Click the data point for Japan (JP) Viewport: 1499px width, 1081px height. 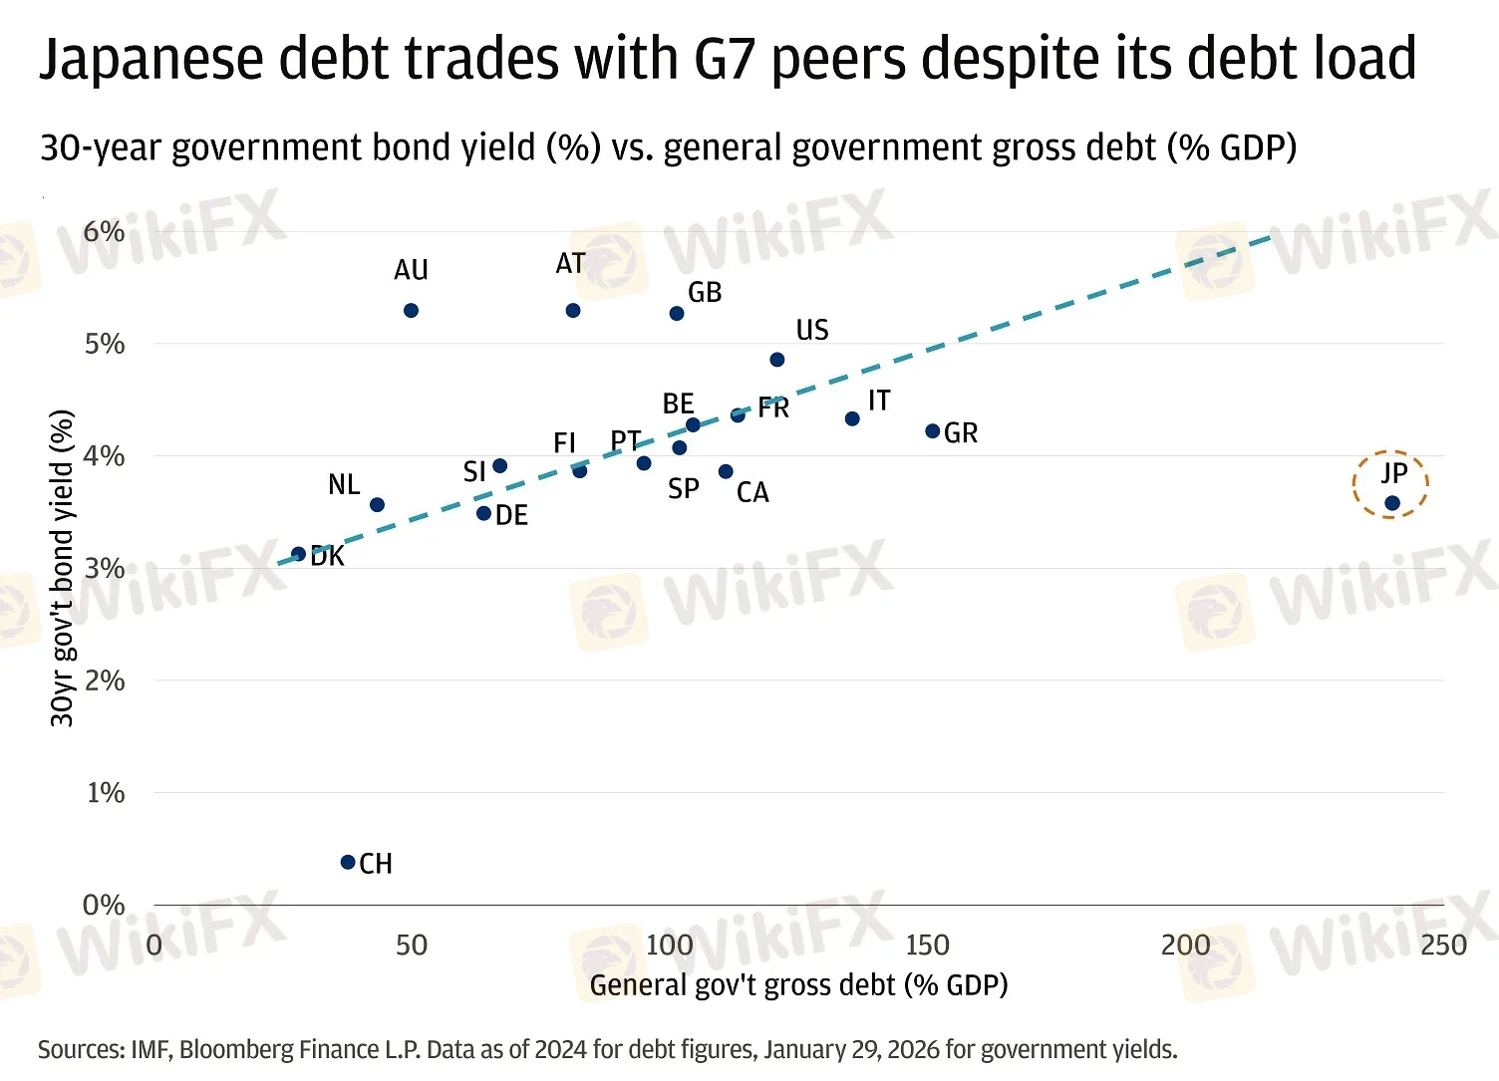(1392, 503)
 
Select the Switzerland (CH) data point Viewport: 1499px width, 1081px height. (348, 862)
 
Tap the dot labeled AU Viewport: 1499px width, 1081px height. (411, 311)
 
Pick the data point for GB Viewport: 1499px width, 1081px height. (677, 313)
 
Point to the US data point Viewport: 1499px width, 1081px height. (777, 360)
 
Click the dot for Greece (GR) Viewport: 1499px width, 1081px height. (933, 431)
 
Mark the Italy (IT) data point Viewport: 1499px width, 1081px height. (852, 419)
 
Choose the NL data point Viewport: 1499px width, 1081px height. (377, 505)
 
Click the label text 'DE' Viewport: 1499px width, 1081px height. (511, 516)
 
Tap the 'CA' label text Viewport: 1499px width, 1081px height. (752, 493)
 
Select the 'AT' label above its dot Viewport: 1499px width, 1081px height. (570, 264)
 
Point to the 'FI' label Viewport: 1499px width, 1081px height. (565, 443)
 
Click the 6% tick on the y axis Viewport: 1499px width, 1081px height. (104, 232)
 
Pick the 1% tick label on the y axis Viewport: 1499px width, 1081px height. (105, 793)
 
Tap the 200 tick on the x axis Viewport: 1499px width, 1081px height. (1185, 946)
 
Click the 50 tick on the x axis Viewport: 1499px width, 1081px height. (411, 946)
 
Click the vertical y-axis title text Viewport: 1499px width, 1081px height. (62, 568)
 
